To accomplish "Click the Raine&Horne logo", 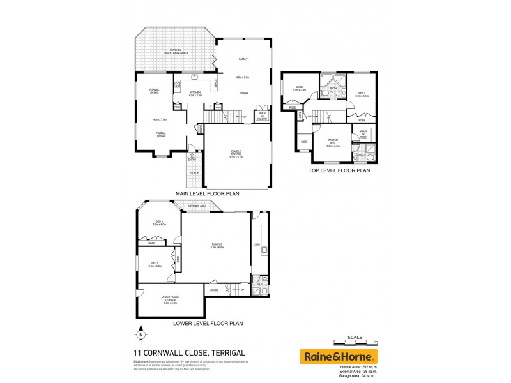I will [339, 356].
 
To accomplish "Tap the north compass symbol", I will [141, 334].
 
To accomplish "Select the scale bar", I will [355, 343].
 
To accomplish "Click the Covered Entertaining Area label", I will [174, 50].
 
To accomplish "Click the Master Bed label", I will [333, 141].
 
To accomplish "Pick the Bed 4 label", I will [159, 222].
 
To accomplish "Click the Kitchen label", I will [195, 93].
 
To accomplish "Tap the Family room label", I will [243, 59].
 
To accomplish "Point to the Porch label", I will [194, 173].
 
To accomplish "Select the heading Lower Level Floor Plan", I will [208, 323].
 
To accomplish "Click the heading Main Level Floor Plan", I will [207, 193].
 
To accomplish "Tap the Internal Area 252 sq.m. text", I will [356, 368].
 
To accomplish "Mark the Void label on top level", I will [304, 142].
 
